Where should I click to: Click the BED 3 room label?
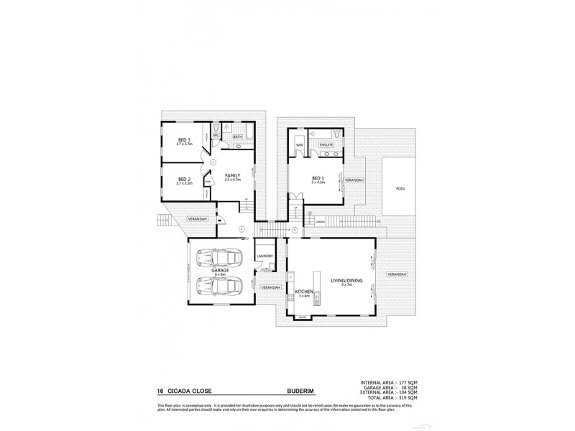point(184,140)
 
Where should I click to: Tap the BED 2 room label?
point(184,179)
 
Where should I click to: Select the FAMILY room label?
point(231,175)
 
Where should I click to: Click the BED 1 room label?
point(318,179)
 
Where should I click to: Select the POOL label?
point(400,188)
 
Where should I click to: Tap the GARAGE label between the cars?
point(219,272)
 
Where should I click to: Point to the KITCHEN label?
point(302,292)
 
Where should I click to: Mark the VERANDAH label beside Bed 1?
point(354,180)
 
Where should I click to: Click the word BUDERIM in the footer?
point(294,392)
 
